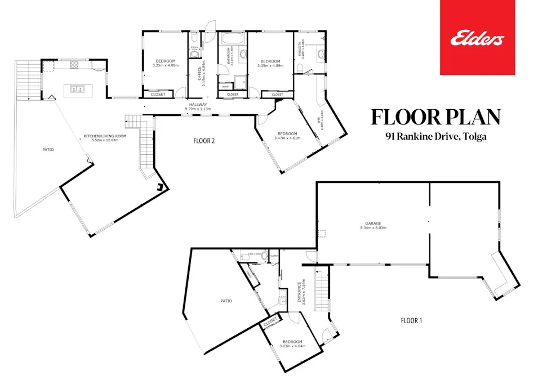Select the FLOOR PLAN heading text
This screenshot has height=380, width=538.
click(x=435, y=117)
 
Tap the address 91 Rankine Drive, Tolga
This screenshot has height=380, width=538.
click(x=435, y=136)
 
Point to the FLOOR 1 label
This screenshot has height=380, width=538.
click(x=411, y=320)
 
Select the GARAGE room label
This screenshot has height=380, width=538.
click(x=370, y=223)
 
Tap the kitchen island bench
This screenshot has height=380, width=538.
click(x=78, y=88)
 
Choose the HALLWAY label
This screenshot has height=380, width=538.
click(x=198, y=105)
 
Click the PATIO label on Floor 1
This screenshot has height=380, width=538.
click(x=226, y=301)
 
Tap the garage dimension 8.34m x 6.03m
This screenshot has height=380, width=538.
click(x=370, y=228)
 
